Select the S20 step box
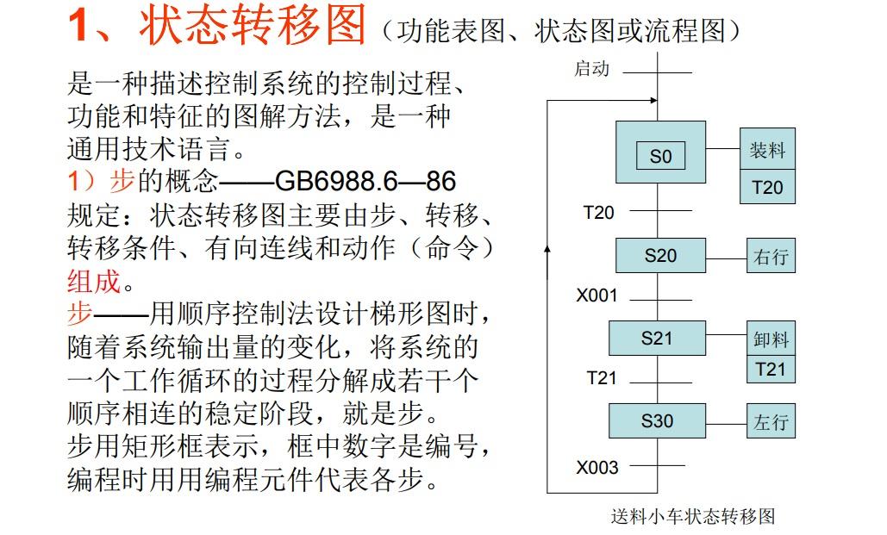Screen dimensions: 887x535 660,256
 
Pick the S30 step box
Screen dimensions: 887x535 656,421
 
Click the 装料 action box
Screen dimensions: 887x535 767,151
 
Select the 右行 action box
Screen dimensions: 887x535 771,257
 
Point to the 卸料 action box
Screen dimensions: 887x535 771,339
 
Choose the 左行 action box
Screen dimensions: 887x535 771,423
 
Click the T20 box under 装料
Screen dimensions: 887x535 767,187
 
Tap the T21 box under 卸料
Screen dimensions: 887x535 771,369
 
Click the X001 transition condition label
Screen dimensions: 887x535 597,295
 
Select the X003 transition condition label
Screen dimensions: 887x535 597,467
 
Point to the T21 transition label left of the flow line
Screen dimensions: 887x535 602,378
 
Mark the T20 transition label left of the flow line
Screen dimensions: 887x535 599,213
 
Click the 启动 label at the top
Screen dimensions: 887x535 592,69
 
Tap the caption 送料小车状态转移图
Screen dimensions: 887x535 693,516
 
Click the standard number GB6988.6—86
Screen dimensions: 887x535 365,181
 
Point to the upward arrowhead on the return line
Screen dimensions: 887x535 548,248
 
